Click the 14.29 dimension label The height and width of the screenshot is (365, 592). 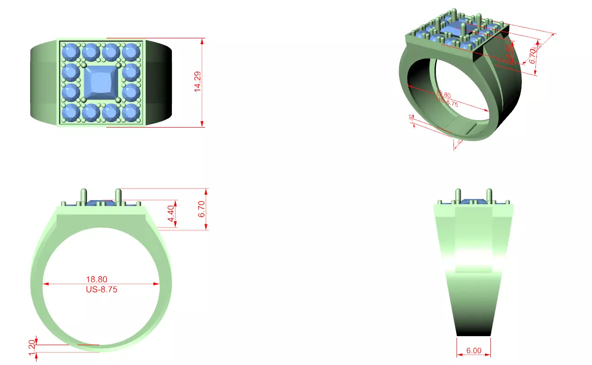tap(197, 82)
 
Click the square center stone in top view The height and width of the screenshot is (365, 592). tap(101, 82)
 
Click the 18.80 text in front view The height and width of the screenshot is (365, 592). tap(97, 280)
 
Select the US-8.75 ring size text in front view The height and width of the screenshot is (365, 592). tap(101, 290)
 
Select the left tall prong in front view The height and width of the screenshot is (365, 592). tap(83, 196)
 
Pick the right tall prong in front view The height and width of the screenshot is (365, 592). tap(118, 196)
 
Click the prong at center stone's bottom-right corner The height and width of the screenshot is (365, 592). tap(119, 99)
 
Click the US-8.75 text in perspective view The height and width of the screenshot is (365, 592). tap(447, 103)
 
